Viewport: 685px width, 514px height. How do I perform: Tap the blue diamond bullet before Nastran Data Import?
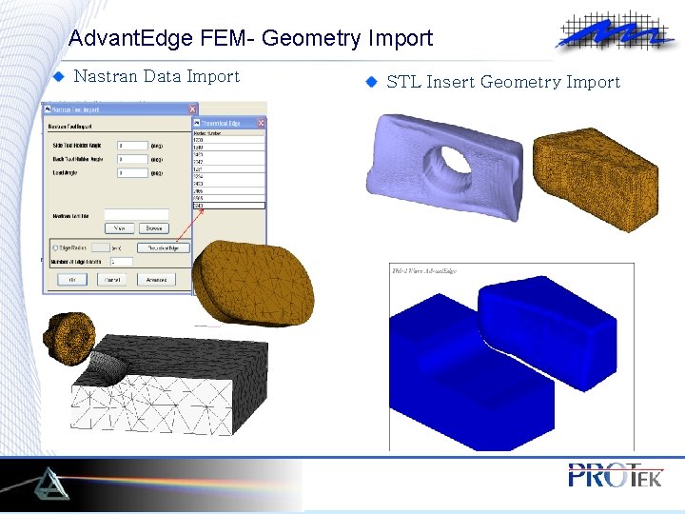[58, 76]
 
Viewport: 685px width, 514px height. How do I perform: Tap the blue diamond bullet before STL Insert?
[372, 82]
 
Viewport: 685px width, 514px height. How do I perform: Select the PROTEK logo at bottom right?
[614, 475]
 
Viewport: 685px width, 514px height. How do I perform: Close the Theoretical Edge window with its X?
[261, 123]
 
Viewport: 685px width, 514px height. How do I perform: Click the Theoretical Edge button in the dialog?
[164, 247]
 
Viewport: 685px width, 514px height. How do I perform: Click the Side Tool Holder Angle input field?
[130, 145]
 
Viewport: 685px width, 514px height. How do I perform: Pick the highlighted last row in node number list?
[228, 205]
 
